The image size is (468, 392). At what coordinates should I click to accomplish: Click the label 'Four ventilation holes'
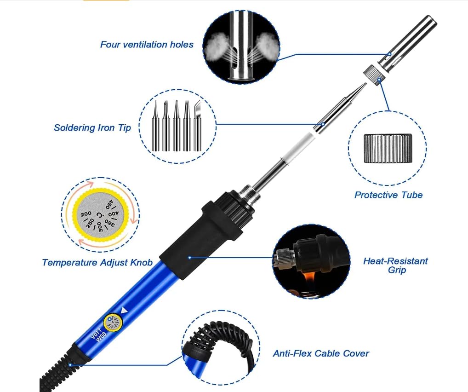click(147, 45)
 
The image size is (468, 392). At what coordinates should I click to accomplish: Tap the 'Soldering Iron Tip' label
click(92, 127)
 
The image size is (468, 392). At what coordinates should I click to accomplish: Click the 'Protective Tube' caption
click(388, 195)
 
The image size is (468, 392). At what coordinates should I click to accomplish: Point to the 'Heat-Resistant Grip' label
click(395, 265)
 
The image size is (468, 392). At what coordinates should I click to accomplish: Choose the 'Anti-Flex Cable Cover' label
click(321, 353)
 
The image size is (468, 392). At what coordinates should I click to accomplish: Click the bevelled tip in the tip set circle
click(198, 125)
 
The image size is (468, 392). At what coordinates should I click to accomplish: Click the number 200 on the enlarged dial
click(86, 215)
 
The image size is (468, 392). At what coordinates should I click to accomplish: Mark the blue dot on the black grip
click(189, 258)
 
